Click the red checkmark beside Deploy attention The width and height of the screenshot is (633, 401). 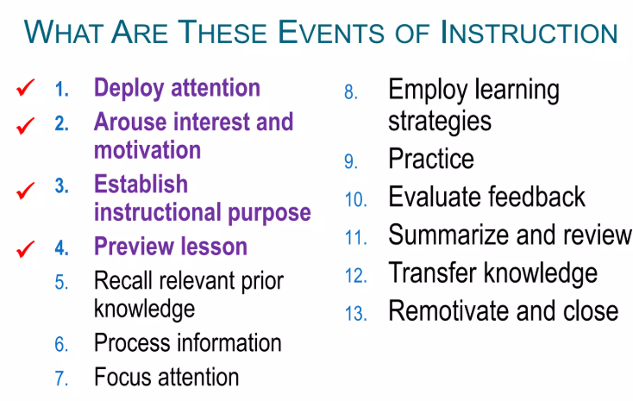click(25, 88)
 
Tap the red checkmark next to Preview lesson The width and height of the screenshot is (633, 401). click(25, 248)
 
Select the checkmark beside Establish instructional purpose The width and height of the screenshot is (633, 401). click(25, 191)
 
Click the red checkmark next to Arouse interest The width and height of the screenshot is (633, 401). click(25, 126)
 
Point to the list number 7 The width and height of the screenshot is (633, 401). click(61, 379)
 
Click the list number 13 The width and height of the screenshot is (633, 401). click(355, 313)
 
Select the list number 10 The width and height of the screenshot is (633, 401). click(355, 199)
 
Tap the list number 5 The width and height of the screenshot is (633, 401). click(61, 282)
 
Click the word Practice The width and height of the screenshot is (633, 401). click(431, 159)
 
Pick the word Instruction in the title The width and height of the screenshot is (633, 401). click(529, 32)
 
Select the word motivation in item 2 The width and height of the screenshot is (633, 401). click(147, 150)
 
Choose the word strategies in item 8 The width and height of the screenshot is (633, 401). click(440, 122)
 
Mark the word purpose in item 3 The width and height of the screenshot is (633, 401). click(270, 214)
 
